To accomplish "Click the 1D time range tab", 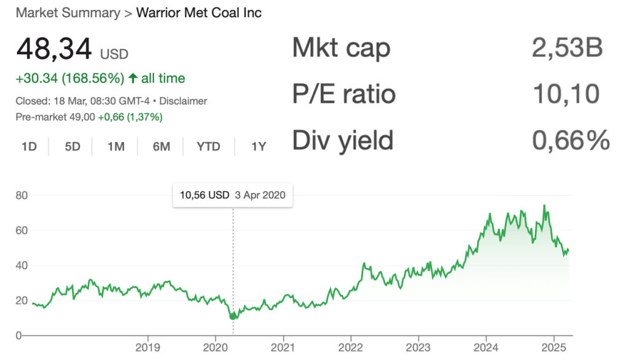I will [x=29, y=146].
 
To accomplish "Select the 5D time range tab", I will [x=72, y=146].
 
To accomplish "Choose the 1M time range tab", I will [x=115, y=146].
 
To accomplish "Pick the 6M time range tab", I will [x=161, y=146].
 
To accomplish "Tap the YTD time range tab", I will [x=208, y=146].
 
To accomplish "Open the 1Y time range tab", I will [x=259, y=146].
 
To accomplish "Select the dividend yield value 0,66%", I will [x=570, y=141].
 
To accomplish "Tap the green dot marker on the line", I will [x=233, y=316].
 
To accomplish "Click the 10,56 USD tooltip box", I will [x=233, y=195].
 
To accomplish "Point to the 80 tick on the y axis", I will [x=22, y=195].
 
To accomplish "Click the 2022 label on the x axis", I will [x=351, y=347].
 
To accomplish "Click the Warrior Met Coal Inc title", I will [x=199, y=13].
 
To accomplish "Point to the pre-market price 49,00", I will [x=83, y=117].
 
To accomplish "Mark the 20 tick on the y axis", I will [x=22, y=300].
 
